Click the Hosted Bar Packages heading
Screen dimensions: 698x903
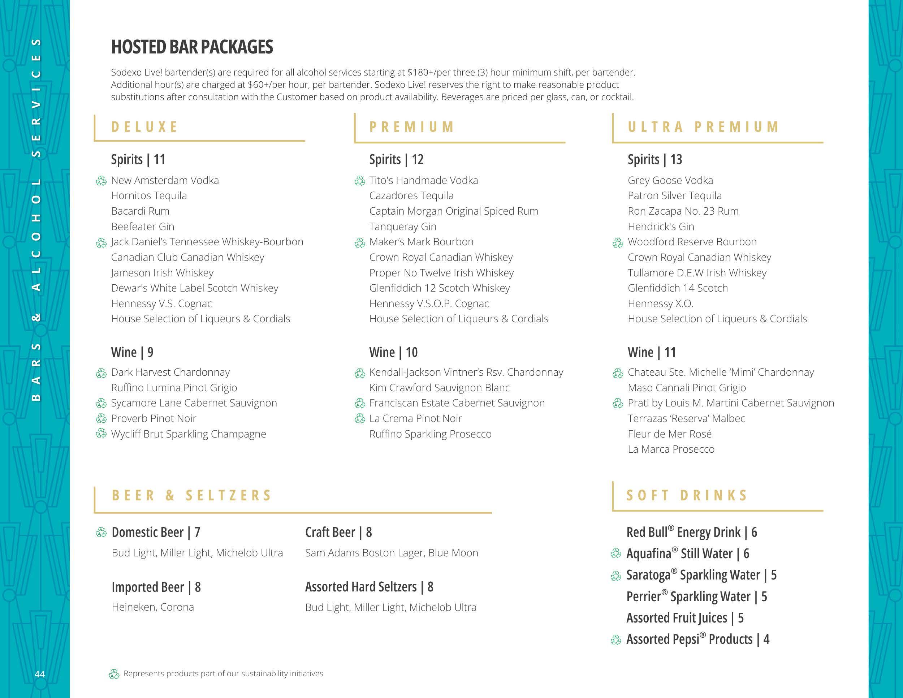pyautogui.click(x=192, y=47)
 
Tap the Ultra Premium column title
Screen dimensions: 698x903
pyautogui.click(x=703, y=126)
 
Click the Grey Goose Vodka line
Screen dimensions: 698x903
pyautogui.click(x=670, y=180)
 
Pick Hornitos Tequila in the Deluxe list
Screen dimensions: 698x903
pyautogui.click(x=149, y=195)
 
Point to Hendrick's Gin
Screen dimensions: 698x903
pyautogui.click(x=661, y=227)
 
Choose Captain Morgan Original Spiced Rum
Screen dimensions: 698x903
pyautogui.click(x=454, y=211)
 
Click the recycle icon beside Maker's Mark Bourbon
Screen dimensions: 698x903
pyautogui.click(x=360, y=243)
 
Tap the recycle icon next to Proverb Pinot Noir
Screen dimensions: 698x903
pyautogui.click(x=101, y=419)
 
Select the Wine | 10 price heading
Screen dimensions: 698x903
pyautogui.click(x=393, y=352)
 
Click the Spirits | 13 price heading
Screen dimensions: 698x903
pyautogui.click(x=654, y=160)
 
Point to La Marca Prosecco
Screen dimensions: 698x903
pyautogui.click(x=671, y=449)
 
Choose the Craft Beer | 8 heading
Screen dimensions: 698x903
pyautogui.click(x=338, y=532)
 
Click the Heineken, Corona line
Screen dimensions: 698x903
pyautogui.click(x=152, y=607)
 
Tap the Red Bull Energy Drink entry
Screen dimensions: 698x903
pyautogui.click(x=691, y=532)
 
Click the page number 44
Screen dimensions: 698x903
pyautogui.click(x=40, y=674)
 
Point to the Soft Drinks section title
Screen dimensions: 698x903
pyautogui.click(x=687, y=495)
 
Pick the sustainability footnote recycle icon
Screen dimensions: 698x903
pyautogui.click(x=114, y=675)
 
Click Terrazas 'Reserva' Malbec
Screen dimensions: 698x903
pyautogui.click(x=686, y=418)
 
